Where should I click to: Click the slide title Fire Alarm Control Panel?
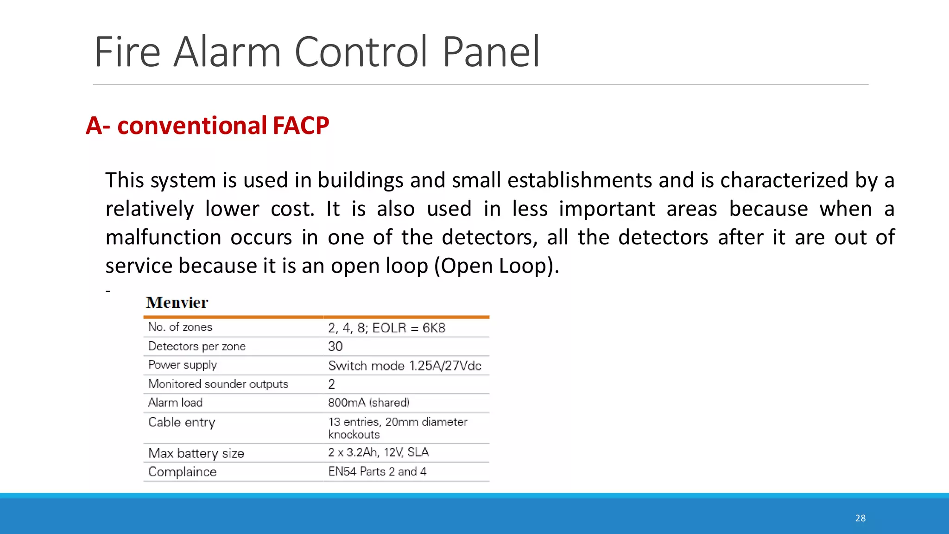[317, 52]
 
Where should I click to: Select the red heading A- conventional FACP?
[208, 126]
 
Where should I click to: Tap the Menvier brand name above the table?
[177, 303]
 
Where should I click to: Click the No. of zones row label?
[180, 327]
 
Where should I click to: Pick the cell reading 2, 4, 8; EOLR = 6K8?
[386, 328]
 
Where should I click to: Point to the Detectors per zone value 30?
[335, 346]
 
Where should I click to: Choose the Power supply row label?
[183, 365]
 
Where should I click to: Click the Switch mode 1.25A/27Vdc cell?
[405, 366]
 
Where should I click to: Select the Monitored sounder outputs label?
[218, 384]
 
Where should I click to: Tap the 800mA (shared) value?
[369, 403]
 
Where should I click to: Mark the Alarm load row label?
[175, 403]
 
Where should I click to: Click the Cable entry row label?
[182, 422]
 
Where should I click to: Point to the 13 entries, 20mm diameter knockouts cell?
[398, 428]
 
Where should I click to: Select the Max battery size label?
[196, 453]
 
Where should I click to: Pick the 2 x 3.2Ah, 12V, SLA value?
[379, 452]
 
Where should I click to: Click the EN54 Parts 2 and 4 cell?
[377, 472]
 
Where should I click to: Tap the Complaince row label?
[183, 472]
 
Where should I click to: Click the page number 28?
[860, 518]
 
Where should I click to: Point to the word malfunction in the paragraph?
[163, 237]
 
